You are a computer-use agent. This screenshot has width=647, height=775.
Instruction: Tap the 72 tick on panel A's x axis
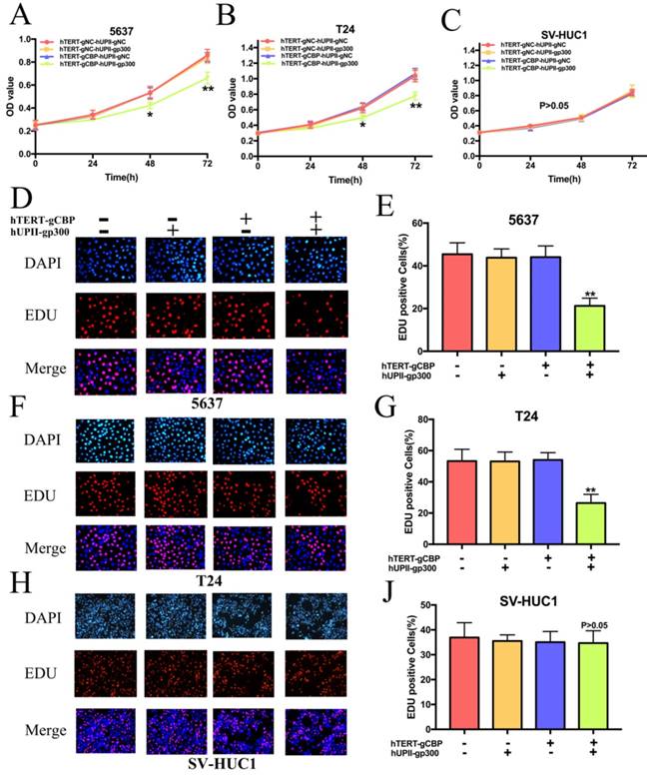207,161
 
